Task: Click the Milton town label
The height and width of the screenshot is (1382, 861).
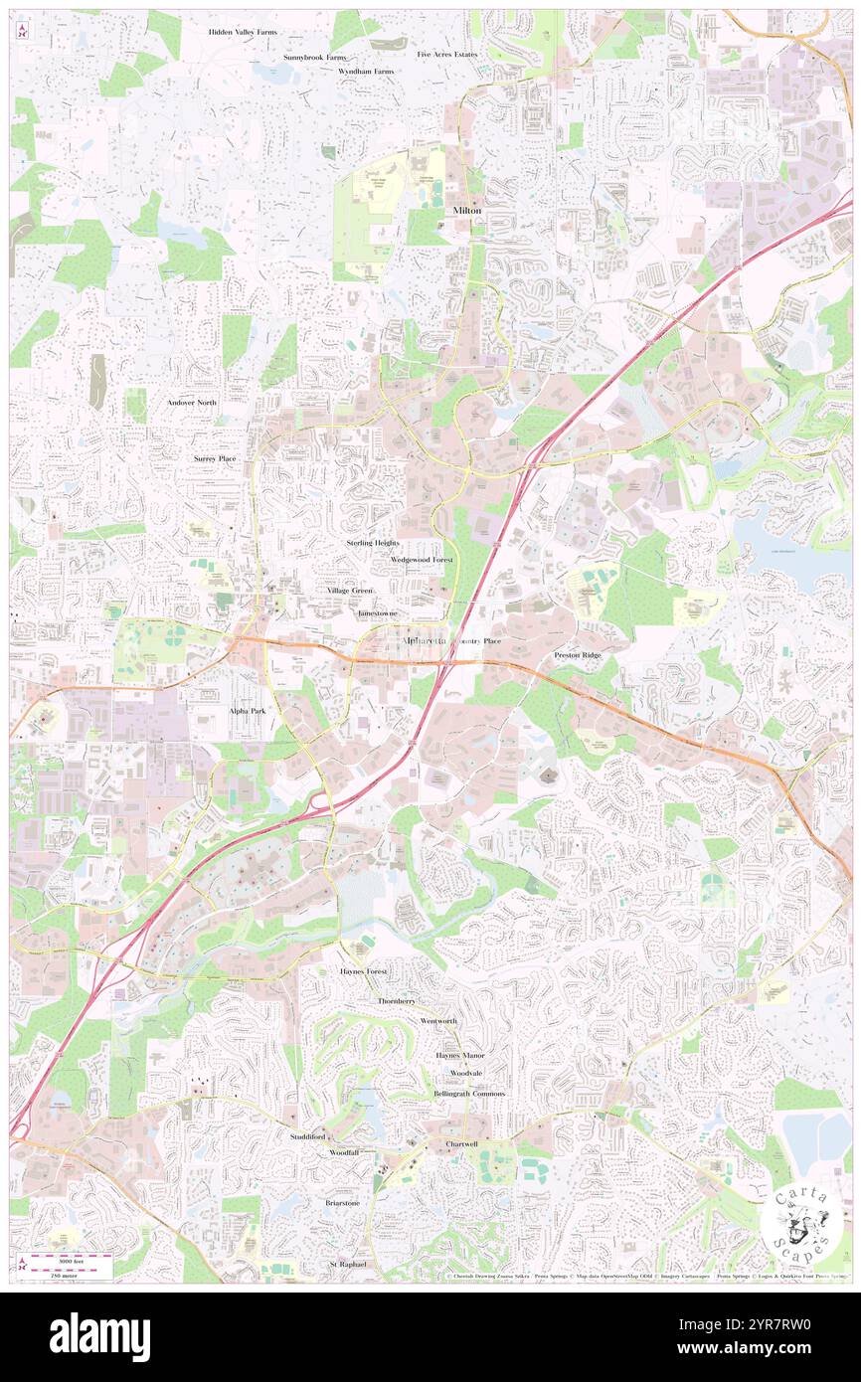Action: click(466, 211)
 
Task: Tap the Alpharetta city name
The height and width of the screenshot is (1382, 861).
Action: click(425, 642)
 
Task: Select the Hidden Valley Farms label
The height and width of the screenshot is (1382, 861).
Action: click(243, 32)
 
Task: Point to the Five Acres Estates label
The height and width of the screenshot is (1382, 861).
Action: click(446, 54)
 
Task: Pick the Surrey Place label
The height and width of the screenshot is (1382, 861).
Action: click(215, 458)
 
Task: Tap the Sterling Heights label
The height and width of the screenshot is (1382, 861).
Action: click(372, 543)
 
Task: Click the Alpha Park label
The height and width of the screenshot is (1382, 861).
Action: click(247, 711)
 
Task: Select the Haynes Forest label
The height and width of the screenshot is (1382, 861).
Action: click(364, 969)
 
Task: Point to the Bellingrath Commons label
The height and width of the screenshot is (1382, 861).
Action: click(468, 1094)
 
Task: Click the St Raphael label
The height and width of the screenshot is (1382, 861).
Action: click(348, 1264)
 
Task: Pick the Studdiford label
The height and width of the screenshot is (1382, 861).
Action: click(307, 1135)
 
